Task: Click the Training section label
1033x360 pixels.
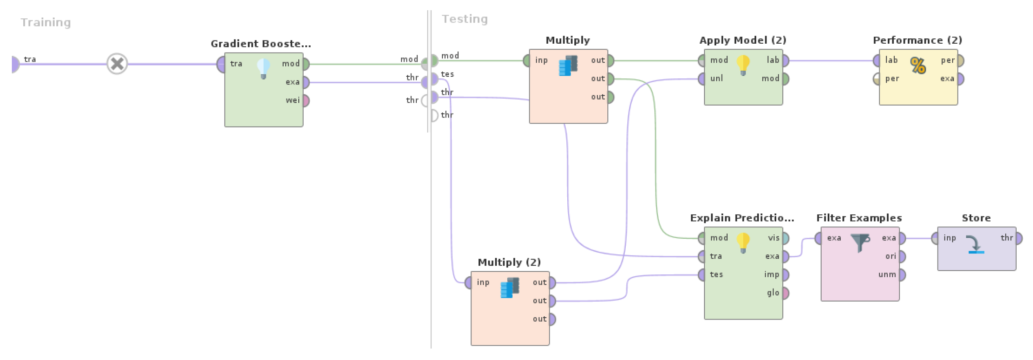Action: pos(46,22)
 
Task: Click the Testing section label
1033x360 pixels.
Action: pos(464,19)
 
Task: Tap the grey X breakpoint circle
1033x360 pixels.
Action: pos(117,64)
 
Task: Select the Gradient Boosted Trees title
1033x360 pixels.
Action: pos(260,44)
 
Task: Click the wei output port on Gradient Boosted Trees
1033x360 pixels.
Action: pos(306,100)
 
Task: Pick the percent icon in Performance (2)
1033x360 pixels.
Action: pos(918,65)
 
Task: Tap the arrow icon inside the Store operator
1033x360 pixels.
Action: pos(975,244)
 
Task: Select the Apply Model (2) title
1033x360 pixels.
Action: pos(743,40)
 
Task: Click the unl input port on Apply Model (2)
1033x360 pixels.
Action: pos(702,78)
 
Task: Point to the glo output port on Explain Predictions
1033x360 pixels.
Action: pos(785,293)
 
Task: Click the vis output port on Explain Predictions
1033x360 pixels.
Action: pos(785,238)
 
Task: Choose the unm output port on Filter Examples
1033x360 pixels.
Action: pos(902,275)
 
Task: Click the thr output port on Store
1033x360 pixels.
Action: pos(1019,238)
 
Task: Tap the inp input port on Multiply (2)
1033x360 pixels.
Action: pos(469,282)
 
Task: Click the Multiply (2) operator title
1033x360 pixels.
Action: pos(509,262)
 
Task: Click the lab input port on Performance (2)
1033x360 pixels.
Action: pos(877,60)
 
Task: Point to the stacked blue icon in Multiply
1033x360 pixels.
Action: pos(568,65)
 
